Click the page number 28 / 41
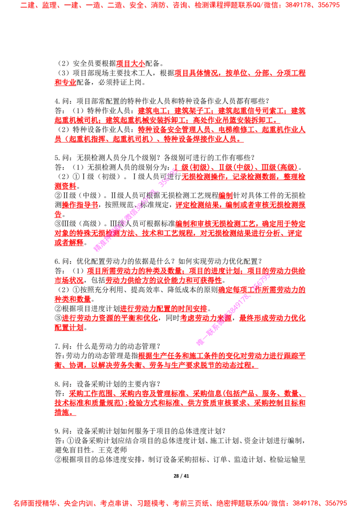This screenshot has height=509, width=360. point(181,476)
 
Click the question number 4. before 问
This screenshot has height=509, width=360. point(58,101)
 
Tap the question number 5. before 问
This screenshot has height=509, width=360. point(58,158)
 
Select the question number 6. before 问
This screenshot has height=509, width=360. point(58,261)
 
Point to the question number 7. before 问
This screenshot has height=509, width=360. point(58,346)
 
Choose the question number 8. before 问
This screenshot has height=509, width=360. point(58,384)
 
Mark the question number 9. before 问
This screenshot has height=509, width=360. point(58,431)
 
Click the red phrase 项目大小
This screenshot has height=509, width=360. point(130,64)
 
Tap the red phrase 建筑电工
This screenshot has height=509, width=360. point(153,111)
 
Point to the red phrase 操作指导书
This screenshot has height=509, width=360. point(80,205)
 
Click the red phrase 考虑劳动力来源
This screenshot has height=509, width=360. point(206,318)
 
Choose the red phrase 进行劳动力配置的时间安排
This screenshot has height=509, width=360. point(163,308)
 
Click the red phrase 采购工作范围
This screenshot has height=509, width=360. point(90,393)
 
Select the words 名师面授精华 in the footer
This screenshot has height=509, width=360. point(35,503)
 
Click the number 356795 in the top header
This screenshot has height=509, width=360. point(327,5)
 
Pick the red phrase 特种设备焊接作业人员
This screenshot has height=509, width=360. point(200,139)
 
